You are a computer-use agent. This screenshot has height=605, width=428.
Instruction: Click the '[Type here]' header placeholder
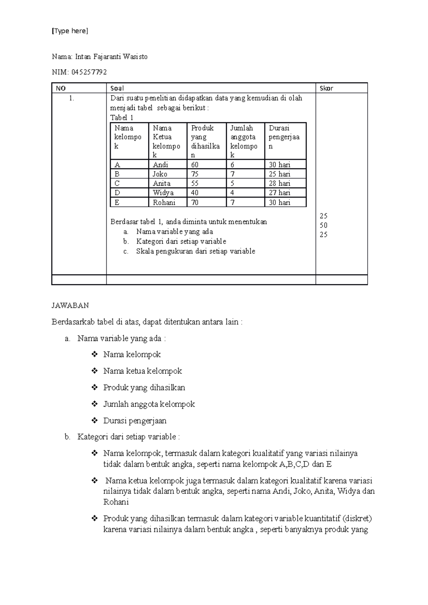pyautogui.click(x=70, y=31)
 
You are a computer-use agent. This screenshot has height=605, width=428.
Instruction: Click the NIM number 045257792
pyautogui.click(x=89, y=72)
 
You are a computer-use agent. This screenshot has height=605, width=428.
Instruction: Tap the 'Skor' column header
pyautogui.click(x=326, y=88)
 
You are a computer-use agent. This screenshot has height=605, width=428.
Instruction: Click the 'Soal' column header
pyautogui.click(x=117, y=88)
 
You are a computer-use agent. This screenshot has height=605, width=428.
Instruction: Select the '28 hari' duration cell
pyautogui.click(x=280, y=183)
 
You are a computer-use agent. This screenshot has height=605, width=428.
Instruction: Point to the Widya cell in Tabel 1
pyautogui.click(x=163, y=193)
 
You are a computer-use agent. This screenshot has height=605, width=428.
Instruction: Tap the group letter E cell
pyautogui.click(x=117, y=202)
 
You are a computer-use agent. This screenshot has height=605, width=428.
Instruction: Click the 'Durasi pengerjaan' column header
pyautogui.click(x=284, y=137)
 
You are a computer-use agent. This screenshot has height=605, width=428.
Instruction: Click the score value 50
pyautogui.click(x=323, y=225)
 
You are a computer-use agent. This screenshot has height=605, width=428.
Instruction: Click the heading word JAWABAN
pyautogui.click(x=70, y=305)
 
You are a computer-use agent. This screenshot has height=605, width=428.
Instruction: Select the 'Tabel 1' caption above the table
pyautogui.click(x=122, y=118)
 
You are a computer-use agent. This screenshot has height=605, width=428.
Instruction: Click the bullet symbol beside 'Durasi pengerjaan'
pyautogui.click(x=95, y=420)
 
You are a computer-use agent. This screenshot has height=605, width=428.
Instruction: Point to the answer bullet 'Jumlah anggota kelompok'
pyautogui.click(x=149, y=404)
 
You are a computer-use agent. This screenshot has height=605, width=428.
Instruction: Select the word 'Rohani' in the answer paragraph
pyautogui.click(x=116, y=502)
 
